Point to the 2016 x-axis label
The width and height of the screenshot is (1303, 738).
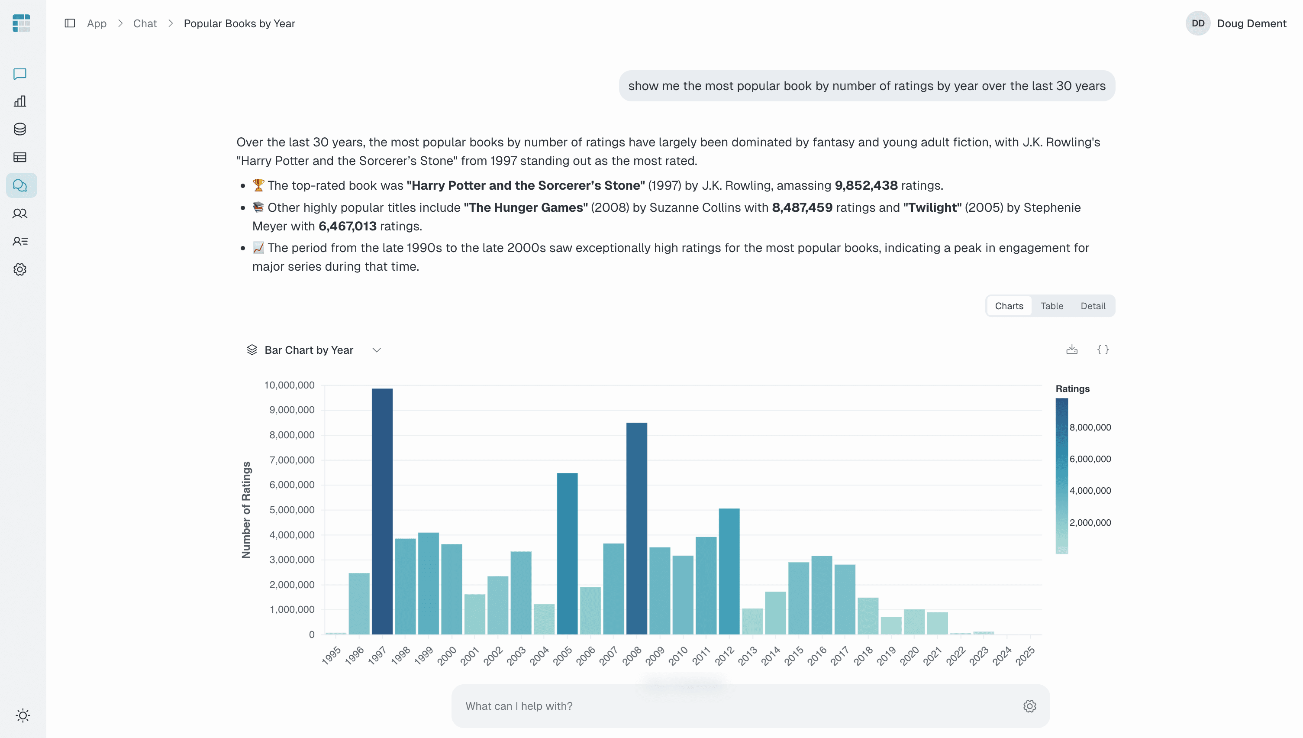817,655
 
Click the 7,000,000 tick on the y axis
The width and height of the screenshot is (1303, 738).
292,460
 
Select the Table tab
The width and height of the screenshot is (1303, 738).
1052,306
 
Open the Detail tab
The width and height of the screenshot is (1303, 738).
1093,306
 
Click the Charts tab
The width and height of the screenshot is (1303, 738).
1009,306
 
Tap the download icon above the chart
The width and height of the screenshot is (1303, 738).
1071,350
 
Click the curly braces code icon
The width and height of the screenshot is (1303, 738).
1103,350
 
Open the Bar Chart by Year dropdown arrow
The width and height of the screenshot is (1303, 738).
377,350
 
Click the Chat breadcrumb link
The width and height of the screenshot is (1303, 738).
145,24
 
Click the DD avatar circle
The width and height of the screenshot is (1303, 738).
1198,24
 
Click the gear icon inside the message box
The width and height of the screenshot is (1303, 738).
1029,706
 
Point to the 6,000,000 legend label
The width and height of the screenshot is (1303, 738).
1090,459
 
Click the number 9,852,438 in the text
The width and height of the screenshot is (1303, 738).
866,185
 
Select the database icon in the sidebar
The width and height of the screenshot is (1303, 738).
20,129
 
